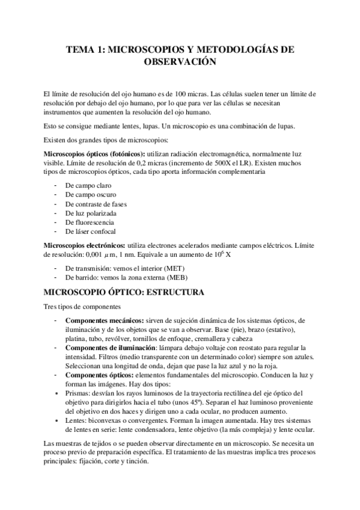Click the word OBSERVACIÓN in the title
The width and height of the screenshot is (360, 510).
tap(180, 61)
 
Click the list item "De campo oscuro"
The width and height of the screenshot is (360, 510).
tap(90, 195)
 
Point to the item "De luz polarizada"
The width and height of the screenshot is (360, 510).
tap(90, 213)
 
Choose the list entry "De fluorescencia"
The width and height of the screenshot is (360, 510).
tap(89, 222)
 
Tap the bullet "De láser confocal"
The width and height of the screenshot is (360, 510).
tap(90, 231)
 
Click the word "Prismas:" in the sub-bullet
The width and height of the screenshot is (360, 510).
tap(78, 394)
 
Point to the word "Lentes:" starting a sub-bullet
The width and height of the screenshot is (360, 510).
tap(77, 421)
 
